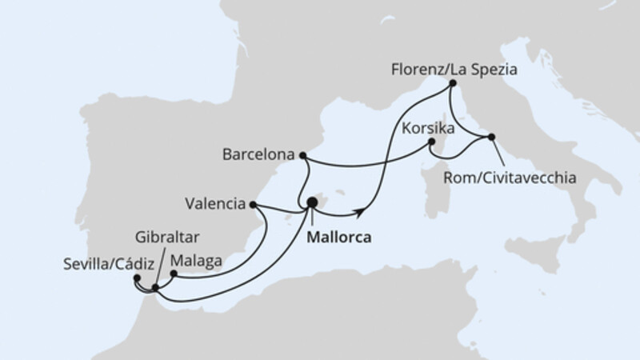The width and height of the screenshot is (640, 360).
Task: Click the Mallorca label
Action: tap(340, 238)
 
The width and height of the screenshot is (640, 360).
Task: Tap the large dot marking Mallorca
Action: tap(312, 203)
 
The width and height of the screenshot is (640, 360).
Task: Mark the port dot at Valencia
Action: tap(254, 205)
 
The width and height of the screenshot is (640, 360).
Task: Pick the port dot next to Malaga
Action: tap(174, 273)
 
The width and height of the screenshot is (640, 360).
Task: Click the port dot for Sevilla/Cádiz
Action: tap(138, 278)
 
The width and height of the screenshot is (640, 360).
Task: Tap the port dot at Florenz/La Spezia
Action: tap(453, 83)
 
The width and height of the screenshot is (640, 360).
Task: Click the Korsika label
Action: tap(430, 128)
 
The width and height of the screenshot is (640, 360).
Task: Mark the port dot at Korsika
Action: tap(431, 142)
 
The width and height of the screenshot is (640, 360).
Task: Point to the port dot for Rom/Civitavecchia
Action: tap(491, 137)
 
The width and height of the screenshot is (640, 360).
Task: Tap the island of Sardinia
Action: tap(437, 191)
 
